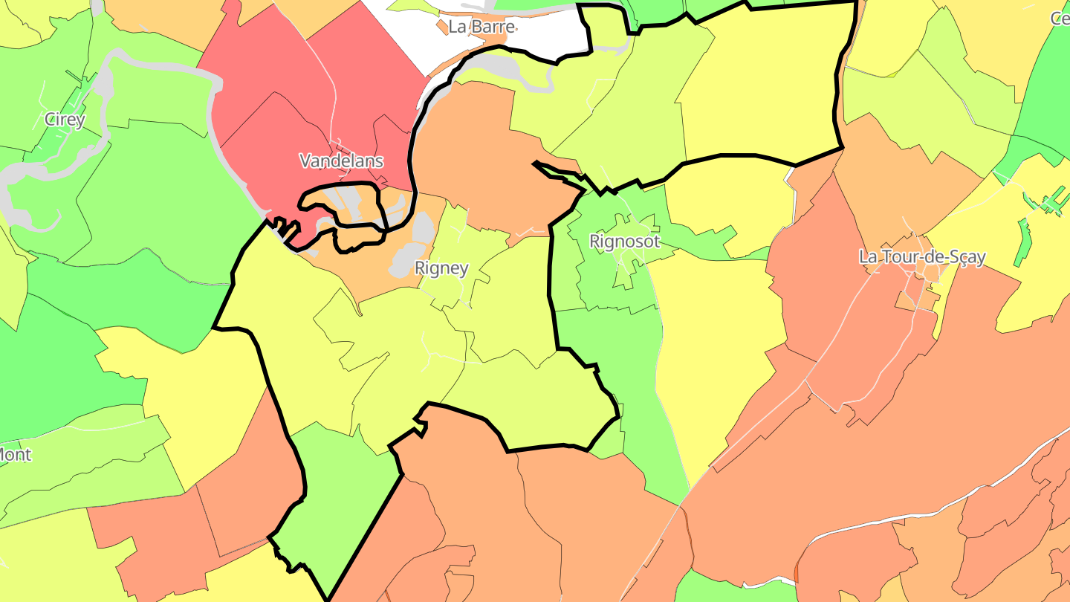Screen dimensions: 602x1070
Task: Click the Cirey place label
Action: coord(65,119)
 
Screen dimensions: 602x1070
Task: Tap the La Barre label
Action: coord(481,27)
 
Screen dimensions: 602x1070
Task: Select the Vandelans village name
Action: coord(341,161)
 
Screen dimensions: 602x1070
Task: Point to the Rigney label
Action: coord(441,268)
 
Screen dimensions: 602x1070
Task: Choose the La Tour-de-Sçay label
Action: coord(922,257)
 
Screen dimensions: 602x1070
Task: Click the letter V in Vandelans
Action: coord(305,161)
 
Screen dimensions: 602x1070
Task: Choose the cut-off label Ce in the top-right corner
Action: coord(1060,19)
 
